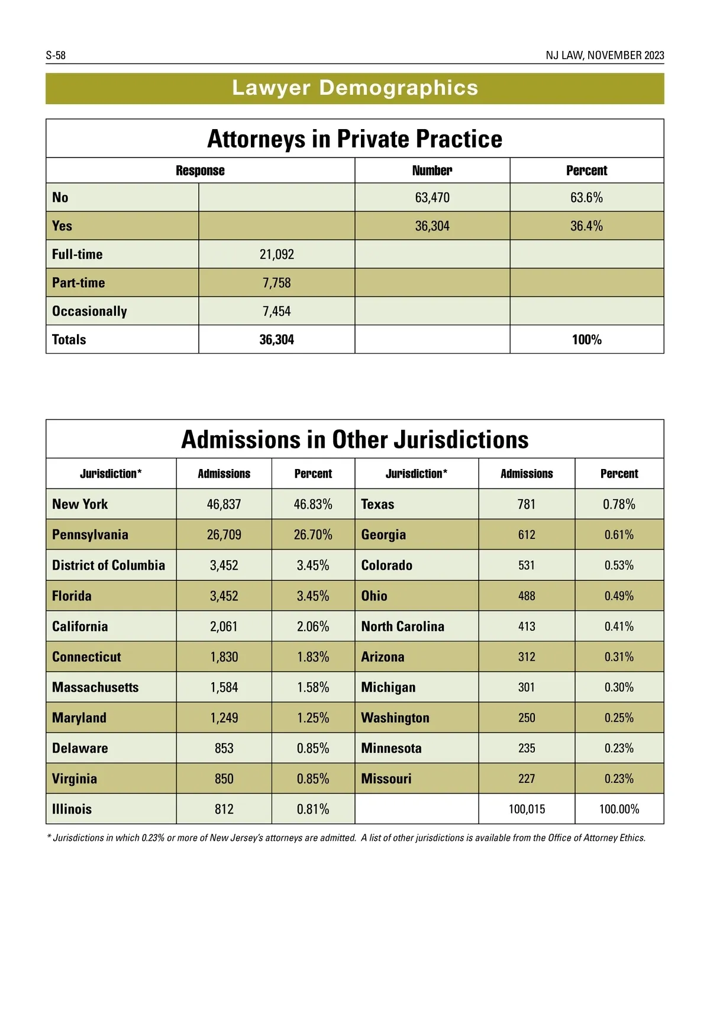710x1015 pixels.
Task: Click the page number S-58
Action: pyautogui.click(x=56, y=55)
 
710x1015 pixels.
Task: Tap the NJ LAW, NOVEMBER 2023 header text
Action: pyautogui.click(x=605, y=55)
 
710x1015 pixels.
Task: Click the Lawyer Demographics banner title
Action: pyautogui.click(x=355, y=88)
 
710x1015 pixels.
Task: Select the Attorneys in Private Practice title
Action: pyautogui.click(x=355, y=139)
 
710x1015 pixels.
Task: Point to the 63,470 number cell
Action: pyautogui.click(x=432, y=197)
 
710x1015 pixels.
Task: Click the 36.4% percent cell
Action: pyautogui.click(x=586, y=226)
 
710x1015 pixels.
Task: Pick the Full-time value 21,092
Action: pyautogui.click(x=276, y=254)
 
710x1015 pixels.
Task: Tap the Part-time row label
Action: pyautogui.click(x=79, y=282)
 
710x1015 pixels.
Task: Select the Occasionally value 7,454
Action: pyautogui.click(x=276, y=311)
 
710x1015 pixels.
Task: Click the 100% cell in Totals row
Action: pyautogui.click(x=586, y=339)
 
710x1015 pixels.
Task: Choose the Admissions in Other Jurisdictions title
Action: pyautogui.click(x=355, y=439)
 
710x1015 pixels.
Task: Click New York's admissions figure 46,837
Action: pyautogui.click(x=224, y=504)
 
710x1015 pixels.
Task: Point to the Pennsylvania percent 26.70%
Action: pyautogui.click(x=313, y=535)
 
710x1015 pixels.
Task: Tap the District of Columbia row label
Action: pyautogui.click(x=108, y=565)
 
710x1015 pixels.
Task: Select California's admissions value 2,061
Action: pyautogui.click(x=224, y=626)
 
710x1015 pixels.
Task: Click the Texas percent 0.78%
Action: pyautogui.click(x=619, y=504)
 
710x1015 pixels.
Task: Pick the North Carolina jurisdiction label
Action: pyautogui.click(x=402, y=626)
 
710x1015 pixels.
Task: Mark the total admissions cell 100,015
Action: pyautogui.click(x=527, y=809)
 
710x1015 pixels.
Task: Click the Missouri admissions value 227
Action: pyautogui.click(x=527, y=778)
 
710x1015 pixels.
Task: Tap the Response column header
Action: pyautogui.click(x=200, y=171)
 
